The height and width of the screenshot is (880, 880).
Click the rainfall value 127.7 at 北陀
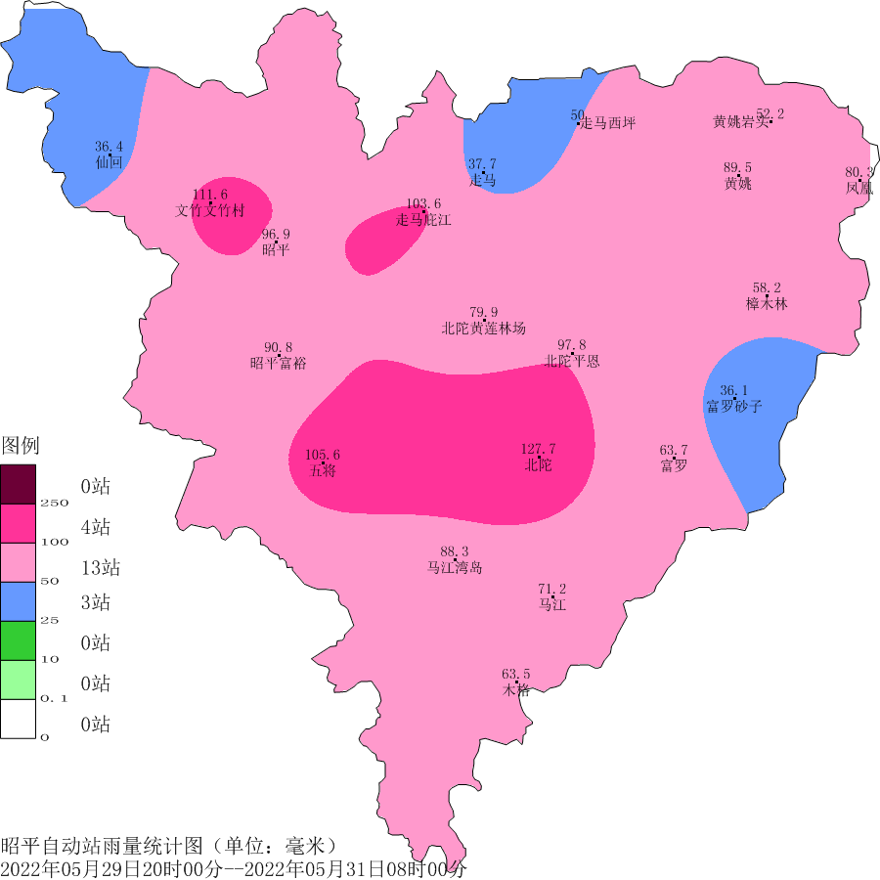[x=538, y=449]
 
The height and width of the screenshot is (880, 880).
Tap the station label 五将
[x=323, y=470]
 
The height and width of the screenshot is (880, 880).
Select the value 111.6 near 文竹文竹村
[x=210, y=195]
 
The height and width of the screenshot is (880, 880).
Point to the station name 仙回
[x=109, y=162]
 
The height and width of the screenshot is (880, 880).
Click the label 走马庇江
[x=423, y=220]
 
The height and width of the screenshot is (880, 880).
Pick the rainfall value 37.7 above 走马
[x=482, y=164]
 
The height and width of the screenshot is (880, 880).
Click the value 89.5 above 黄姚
[x=737, y=168]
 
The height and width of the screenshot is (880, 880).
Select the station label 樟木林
[x=766, y=304]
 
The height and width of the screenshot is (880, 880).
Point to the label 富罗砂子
[x=733, y=407]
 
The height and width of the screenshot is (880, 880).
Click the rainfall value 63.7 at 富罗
[x=674, y=450]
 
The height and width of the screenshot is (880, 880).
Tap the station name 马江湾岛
[x=454, y=568]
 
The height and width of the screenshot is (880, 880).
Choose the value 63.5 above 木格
[x=516, y=674]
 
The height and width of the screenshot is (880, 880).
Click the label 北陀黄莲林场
[x=483, y=329]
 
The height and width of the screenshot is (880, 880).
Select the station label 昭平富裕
[x=278, y=364]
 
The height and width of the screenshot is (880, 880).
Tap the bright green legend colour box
[x=18, y=640]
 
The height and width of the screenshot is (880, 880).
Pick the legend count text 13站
[x=101, y=568]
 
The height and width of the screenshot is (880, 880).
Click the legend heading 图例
[x=20, y=447]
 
